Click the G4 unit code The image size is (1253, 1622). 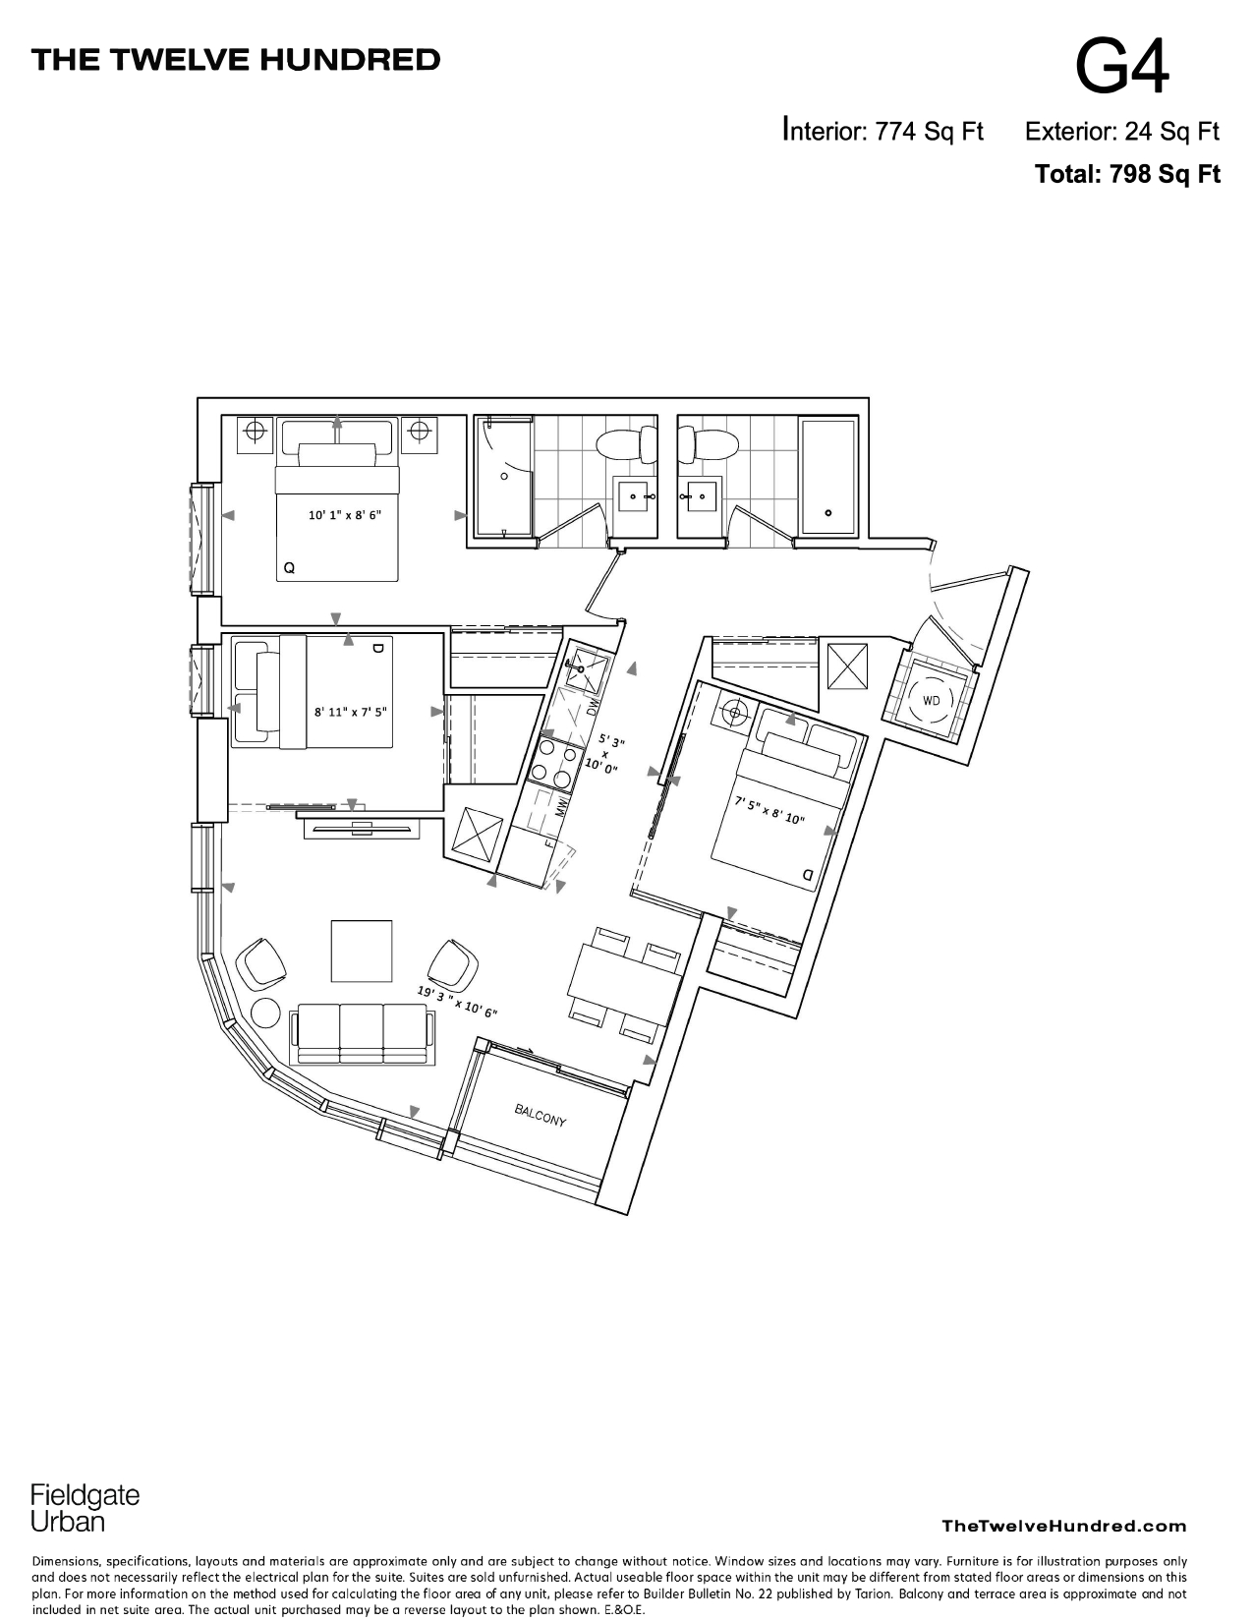point(1122,67)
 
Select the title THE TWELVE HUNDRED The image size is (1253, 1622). point(236,60)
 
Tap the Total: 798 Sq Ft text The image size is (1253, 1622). point(1127,175)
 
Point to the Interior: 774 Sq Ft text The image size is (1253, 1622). point(883,131)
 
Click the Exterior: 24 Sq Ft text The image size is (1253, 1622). point(1121,131)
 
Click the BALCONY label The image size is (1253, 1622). point(541,1116)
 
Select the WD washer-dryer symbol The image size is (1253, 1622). point(930,701)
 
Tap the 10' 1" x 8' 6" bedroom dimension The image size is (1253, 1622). point(344,514)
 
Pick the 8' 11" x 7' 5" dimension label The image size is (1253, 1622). point(352,712)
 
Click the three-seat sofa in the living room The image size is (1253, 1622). point(363,1033)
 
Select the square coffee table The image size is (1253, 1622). point(362,950)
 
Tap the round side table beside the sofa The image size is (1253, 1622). point(266,1013)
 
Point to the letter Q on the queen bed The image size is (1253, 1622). point(289,568)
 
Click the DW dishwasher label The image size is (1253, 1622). point(592,708)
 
